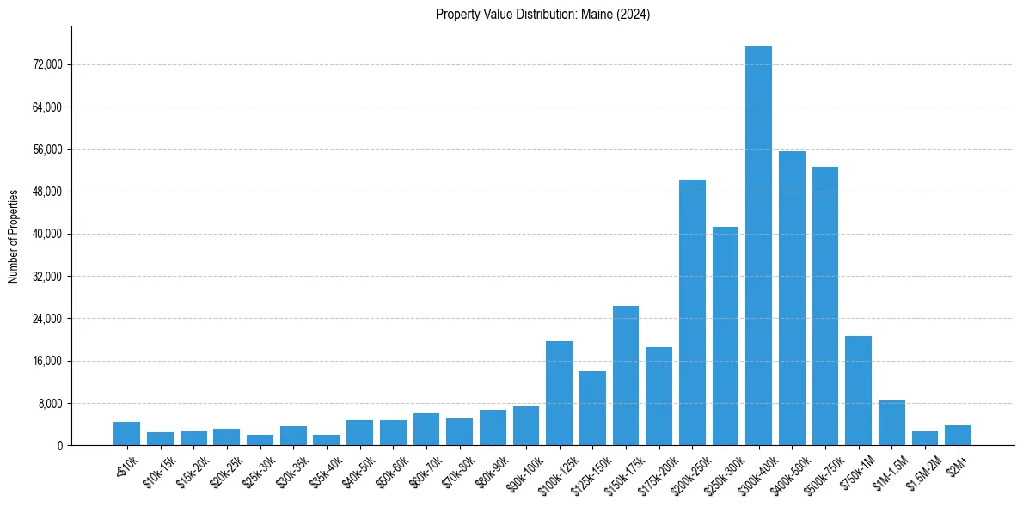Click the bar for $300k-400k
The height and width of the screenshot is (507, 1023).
pos(758,246)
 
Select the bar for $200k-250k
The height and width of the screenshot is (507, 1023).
pos(692,312)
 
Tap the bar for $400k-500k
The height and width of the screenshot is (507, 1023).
pos(792,298)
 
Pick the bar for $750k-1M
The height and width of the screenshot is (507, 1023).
pos(858,390)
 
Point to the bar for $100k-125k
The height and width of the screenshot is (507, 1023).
pos(559,393)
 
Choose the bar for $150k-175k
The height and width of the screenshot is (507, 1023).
pos(626,376)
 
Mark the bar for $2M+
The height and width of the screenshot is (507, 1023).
pos(958,436)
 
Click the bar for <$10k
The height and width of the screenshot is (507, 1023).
pos(126,434)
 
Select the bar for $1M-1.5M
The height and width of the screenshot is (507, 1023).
pos(891,423)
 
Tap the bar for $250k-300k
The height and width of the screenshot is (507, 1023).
pos(726,336)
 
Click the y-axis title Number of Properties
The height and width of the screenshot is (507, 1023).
pos(14,236)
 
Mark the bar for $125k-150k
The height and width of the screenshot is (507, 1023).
pos(592,408)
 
